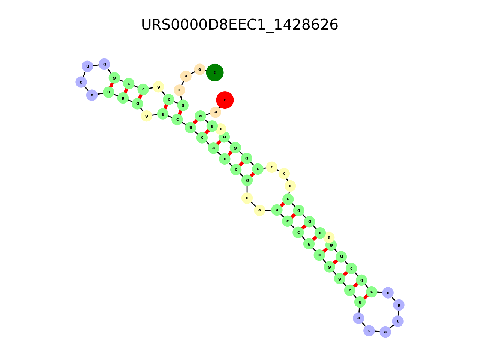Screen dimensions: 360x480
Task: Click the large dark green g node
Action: [x=215, y=72]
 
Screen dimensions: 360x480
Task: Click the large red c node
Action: [x=225, y=100]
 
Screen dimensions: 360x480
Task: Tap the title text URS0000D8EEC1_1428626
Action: [x=240, y=25]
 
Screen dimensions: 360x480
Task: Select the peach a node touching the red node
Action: [x=216, y=112]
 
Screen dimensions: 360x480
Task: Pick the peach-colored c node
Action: [x=179, y=90]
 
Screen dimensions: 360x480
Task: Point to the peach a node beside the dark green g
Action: [x=199, y=69]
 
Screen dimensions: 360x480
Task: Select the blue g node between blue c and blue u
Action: [x=399, y=305]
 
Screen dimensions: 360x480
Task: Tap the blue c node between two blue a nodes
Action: [x=369, y=330]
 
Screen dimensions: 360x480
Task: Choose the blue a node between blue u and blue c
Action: [x=385, y=331]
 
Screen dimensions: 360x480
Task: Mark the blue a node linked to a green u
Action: [x=92, y=95]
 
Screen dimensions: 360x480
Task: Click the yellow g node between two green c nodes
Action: [x=158, y=87]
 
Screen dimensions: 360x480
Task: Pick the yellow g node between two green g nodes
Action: [x=146, y=116]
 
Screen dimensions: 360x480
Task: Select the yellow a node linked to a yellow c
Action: [x=259, y=210]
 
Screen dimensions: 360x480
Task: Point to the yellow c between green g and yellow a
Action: [x=247, y=198]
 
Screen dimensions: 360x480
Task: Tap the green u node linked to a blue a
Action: [x=108, y=92]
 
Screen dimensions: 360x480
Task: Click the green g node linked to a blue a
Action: [x=360, y=301]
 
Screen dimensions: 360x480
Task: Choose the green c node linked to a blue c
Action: [x=372, y=292]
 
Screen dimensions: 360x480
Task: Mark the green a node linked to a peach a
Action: [x=201, y=116]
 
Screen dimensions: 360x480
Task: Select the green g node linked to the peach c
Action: [x=183, y=105]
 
